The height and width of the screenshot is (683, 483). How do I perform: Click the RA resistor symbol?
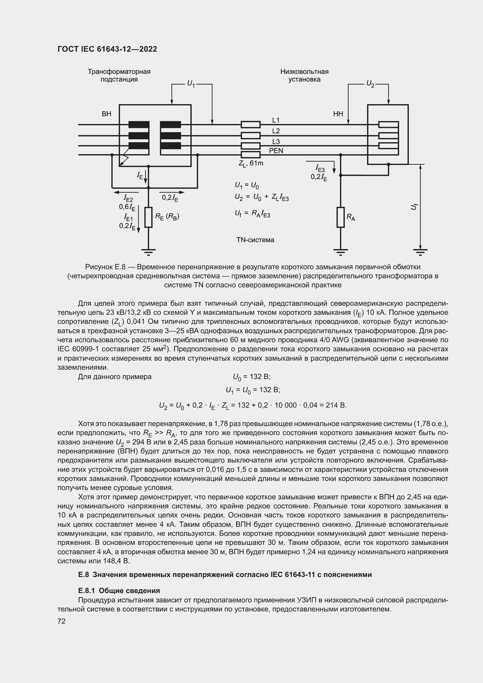(x=340, y=218)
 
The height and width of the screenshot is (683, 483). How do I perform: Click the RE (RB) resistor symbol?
(x=148, y=218)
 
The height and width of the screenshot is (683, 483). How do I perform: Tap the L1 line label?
(x=276, y=120)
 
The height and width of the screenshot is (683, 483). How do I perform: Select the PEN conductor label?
(x=276, y=151)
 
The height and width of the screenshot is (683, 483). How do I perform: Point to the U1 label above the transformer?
(x=191, y=84)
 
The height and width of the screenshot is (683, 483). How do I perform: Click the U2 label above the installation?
(x=370, y=84)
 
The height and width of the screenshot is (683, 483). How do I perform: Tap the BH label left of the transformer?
(x=107, y=114)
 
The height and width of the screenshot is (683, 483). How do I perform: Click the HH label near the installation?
(x=338, y=114)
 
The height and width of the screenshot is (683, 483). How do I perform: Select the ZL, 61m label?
(x=251, y=164)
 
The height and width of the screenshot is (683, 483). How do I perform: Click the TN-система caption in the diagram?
(x=255, y=240)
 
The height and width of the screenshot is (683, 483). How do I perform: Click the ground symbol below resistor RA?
(x=340, y=253)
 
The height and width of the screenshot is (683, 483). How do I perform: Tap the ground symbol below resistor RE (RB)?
(x=148, y=253)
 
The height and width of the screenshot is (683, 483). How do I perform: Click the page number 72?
(x=62, y=621)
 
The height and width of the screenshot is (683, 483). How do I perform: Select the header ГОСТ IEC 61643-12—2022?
(x=107, y=49)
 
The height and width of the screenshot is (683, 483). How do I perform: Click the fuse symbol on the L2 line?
(x=251, y=136)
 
